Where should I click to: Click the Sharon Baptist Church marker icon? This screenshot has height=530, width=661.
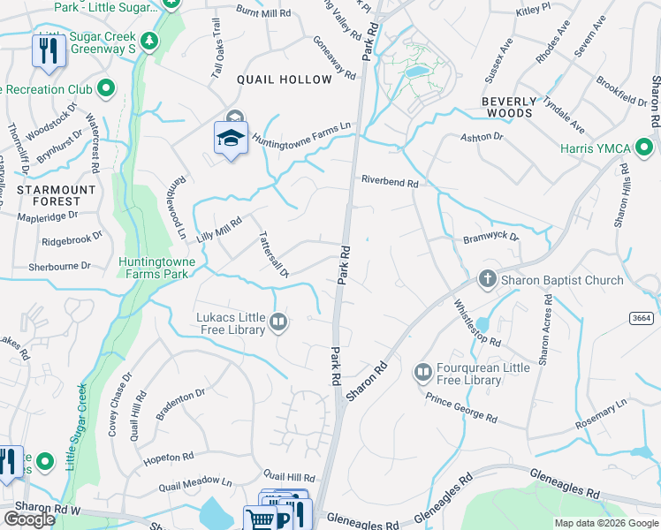pyautogui.click(x=486, y=280)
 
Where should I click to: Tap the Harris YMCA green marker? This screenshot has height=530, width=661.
pyautogui.click(x=644, y=148)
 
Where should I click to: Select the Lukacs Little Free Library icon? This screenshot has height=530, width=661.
pyautogui.click(x=279, y=322)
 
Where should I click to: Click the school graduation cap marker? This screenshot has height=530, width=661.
pyautogui.click(x=232, y=140)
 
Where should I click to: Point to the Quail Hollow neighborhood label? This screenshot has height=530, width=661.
pyautogui.click(x=285, y=79)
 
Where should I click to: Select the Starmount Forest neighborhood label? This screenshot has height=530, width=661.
pyautogui.click(x=56, y=195)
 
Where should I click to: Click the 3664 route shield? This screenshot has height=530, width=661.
pyautogui.click(x=642, y=318)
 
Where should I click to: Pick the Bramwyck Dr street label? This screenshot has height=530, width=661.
pyautogui.click(x=490, y=238)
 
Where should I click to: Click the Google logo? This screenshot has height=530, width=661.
pyautogui.click(x=29, y=519)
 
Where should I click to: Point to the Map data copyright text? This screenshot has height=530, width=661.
pyautogui.click(x=605, y=523)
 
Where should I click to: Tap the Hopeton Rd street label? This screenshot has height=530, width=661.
pyautogui.click(x=168, y=458)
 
